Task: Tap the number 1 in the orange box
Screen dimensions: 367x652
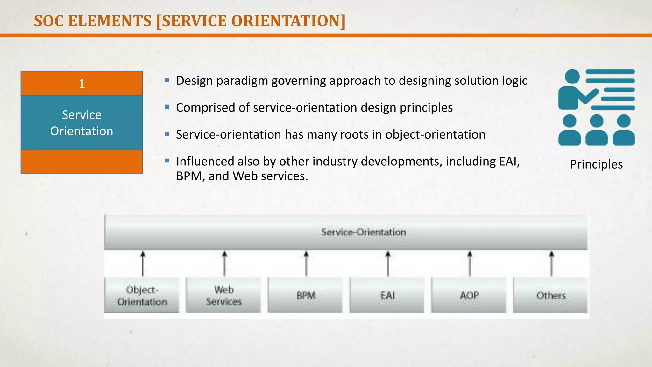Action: coord(82,83)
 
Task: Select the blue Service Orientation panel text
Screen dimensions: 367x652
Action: coord(82,123)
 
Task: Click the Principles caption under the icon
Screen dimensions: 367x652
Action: coord(596,164)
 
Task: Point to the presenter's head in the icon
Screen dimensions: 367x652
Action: coord(572,77)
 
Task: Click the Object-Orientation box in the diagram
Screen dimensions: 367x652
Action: coord(142,295)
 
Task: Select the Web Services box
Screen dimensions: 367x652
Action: coord(223,295)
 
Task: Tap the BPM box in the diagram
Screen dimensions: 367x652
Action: coord(305,295)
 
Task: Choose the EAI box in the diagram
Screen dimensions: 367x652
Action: coord(387,295)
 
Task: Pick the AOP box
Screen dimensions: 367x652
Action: coord(469,295)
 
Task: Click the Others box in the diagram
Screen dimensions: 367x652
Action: coord(551,295)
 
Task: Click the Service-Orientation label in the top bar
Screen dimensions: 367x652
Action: coord(364,232)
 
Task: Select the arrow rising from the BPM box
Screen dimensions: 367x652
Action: coord(306,263)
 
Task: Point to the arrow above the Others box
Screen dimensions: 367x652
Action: coord(552,263)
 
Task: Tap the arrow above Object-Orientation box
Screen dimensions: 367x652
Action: coord(143,263)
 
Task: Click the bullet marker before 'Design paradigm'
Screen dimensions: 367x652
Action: coord(167,80)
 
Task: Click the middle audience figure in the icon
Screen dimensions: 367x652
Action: coord(597,131)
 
